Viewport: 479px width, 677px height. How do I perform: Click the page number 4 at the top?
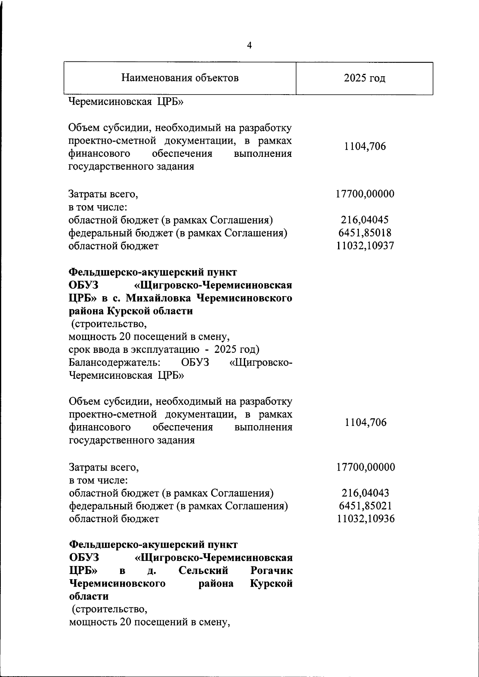click(x=249, y=46)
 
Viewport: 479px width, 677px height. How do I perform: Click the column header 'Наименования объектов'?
click(x=180, y=77)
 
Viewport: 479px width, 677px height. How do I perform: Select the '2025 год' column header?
click(x=364, y=78)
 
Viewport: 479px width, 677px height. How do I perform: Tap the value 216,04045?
click(x=364, y=220)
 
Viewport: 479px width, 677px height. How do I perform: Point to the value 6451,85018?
click(x=364, y=233)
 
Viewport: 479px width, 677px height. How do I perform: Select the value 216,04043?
click(x=365, y=493)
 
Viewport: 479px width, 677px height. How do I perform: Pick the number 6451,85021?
click(x=365, y=506)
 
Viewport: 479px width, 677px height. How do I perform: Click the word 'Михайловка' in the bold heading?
click(x=162, y=298)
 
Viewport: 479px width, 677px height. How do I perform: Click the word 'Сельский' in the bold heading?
click(x=203, y=570)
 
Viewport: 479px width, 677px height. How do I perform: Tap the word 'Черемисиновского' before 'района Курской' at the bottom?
click(x=118, y=584)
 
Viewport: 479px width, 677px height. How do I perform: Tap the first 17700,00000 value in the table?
click(x=365, y=194)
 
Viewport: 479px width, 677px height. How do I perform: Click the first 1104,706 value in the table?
click(x=365, y=147)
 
